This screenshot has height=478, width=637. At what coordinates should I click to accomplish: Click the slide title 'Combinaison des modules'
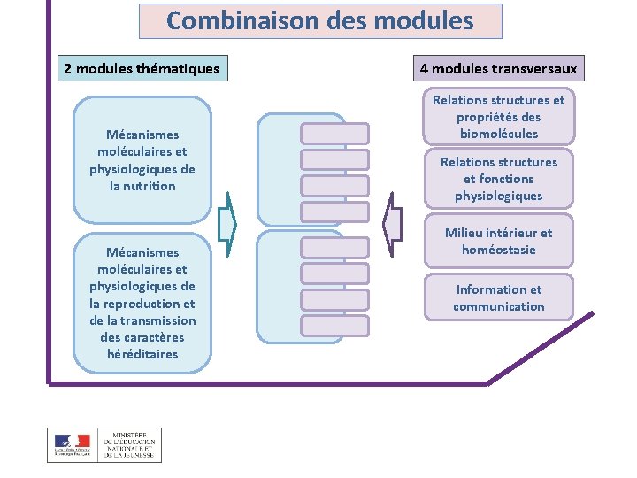[x=320, y=20]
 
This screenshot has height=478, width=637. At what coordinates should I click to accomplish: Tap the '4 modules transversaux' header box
[x=499, y=68]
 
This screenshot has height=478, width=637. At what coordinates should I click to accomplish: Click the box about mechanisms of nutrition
[x=142, y=160]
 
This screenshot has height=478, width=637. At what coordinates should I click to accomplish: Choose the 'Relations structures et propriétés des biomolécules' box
[x=499, y=117]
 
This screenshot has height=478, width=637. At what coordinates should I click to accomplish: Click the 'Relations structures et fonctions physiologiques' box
[x=499, y=179]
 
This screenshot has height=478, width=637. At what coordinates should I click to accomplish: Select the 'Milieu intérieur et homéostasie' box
[x=499, y=241]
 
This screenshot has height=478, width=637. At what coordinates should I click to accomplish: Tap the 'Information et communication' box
[x=499, y=297]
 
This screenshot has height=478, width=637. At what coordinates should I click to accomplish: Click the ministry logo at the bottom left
[x=104, y=444]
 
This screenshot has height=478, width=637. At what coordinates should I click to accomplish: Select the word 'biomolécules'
[x=499, y=134]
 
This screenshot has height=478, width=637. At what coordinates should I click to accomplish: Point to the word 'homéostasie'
[x=499, y=250]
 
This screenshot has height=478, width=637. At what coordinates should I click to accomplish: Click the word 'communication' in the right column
[x=499, y=306]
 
